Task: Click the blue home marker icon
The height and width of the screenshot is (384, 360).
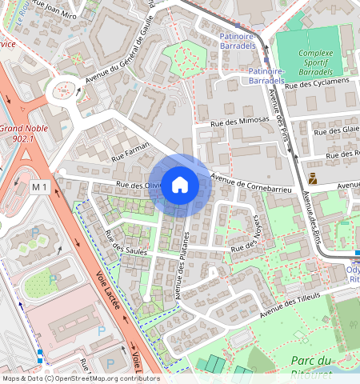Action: click(x=180, y=185)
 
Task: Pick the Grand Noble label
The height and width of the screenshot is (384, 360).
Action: click(x=22, y=129)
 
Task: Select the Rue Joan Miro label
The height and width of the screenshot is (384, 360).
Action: click(x=63, y=14)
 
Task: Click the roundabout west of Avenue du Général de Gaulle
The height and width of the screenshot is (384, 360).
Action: click(x=62, y=92)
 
